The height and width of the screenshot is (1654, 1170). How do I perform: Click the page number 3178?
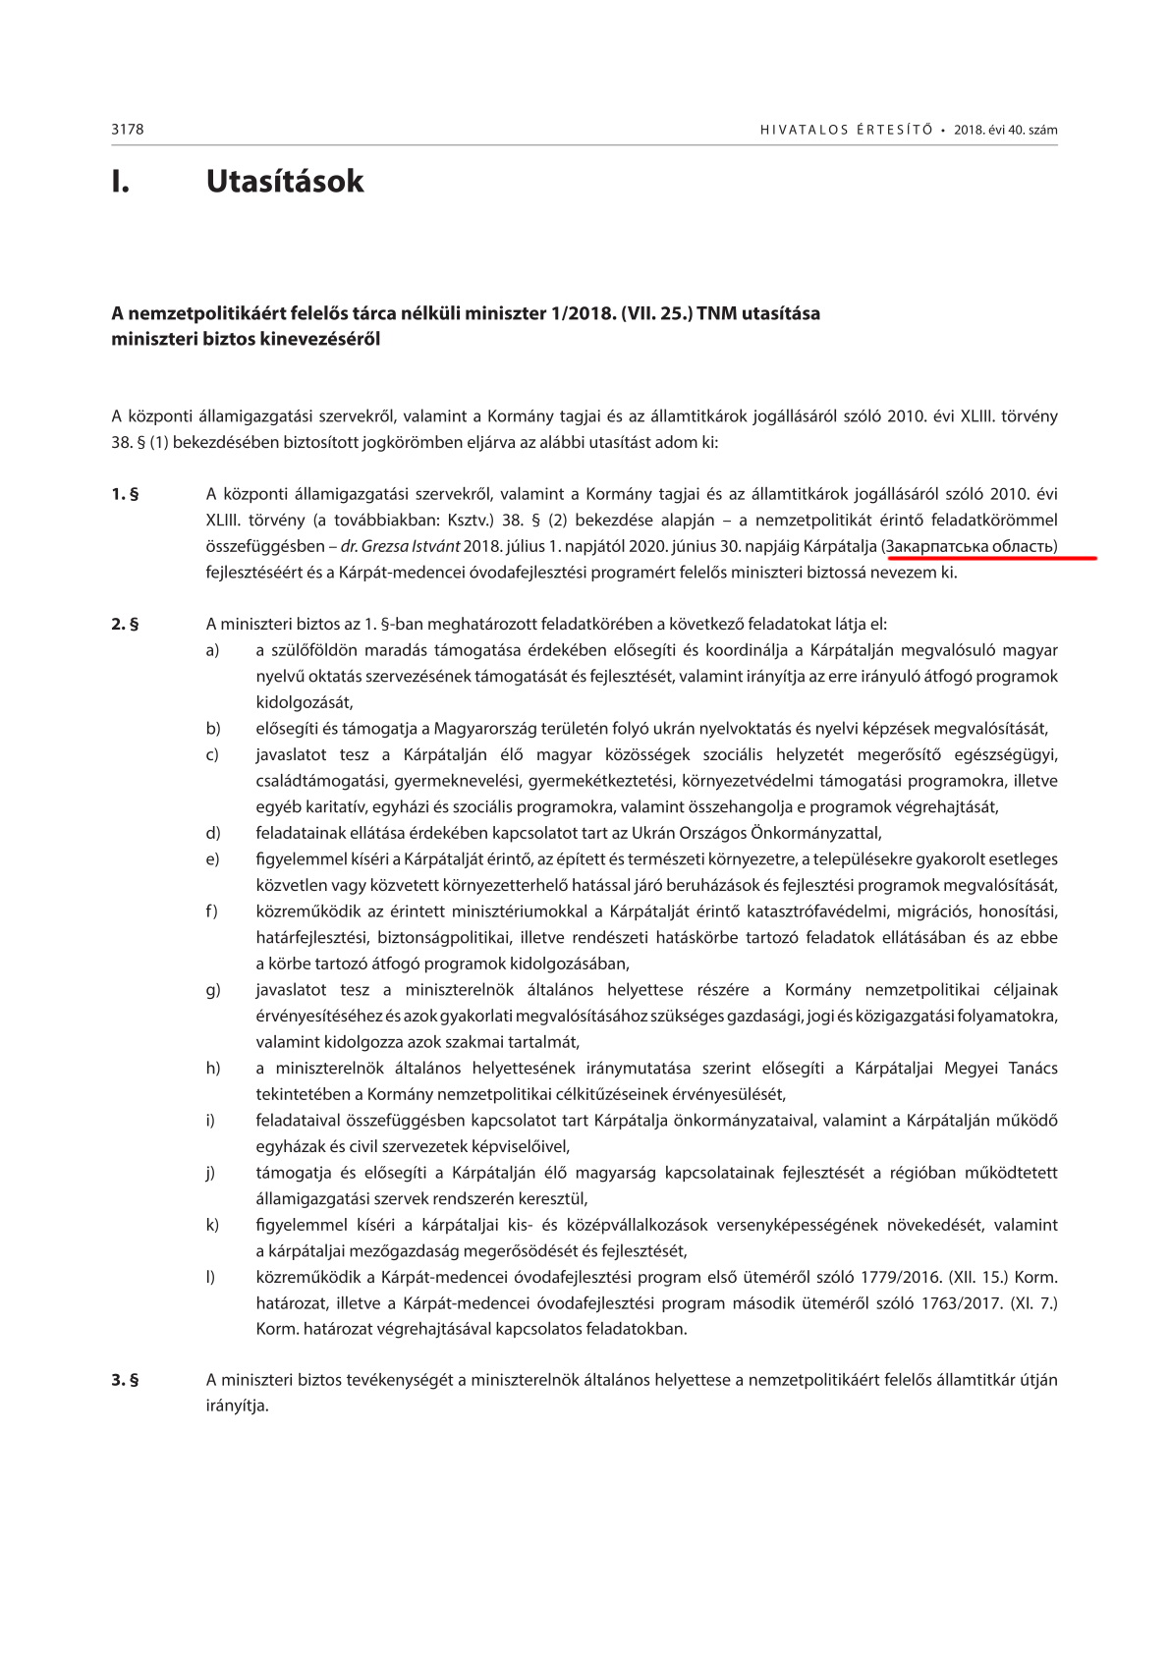pos(128,130)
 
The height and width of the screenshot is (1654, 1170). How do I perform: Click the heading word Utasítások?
pos(285,182)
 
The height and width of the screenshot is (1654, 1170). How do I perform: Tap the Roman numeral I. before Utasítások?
pos(120,182)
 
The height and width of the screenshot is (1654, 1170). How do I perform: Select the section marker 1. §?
pos(125,494)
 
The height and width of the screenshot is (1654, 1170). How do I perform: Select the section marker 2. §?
pos(125,624)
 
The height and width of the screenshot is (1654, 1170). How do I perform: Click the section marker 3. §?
pos(125,1380)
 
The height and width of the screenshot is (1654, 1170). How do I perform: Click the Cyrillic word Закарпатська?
pos(937,546)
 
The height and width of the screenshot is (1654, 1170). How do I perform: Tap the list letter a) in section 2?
pos(212,650)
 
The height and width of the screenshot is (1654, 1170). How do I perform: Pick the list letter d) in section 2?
pos(212,833)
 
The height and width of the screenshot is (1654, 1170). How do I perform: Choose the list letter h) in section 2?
pos(212,1068)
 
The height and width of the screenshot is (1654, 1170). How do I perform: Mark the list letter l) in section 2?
pos(210,1277)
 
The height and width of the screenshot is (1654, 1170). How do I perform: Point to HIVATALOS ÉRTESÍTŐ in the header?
pos(846,130)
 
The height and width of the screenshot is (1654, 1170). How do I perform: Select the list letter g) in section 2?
pos(212,990)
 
